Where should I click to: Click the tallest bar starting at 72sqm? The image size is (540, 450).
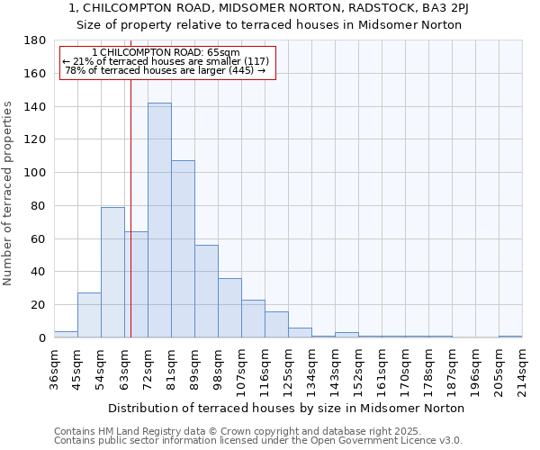[x=159, y=220]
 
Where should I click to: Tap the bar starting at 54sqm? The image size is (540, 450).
[x=112, y=272]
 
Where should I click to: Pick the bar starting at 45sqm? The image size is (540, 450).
[x=89, y=315]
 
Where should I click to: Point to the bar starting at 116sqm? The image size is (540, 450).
[x=276, y=324]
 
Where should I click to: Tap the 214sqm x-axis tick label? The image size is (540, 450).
[x=522, y=367]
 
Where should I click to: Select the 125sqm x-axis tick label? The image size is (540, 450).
[x=288, y=367]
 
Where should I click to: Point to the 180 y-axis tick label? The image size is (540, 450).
[x=35, y=40]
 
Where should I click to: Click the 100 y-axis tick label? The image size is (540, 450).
[x=35, y=173]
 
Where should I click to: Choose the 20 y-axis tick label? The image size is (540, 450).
[x=39, y=305]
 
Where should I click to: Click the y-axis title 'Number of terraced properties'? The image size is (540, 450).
[x=9, y=193]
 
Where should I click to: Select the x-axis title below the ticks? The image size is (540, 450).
[x=284, y=408]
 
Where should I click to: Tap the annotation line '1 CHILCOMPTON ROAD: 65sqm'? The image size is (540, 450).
[x=166, y=52]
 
